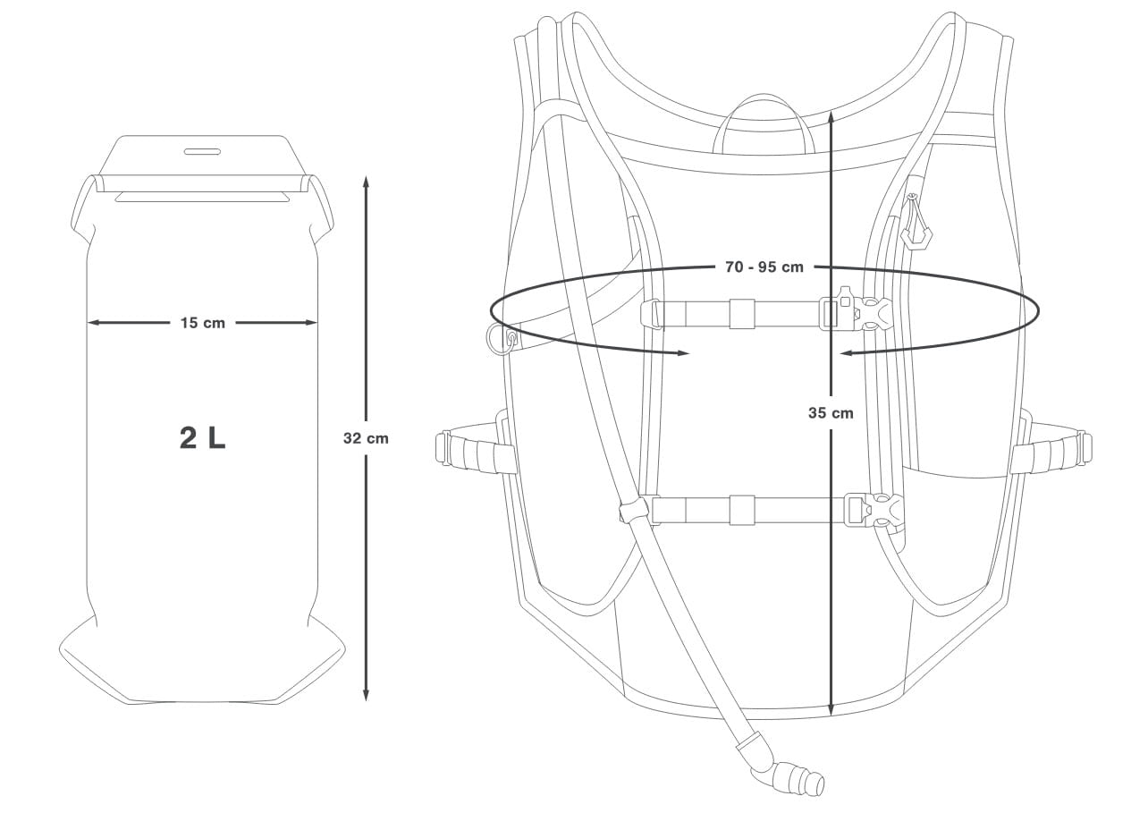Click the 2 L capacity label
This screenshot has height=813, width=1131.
click(202, 438)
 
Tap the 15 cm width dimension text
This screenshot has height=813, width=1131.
click(202, 323)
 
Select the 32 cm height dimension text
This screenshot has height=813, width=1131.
click(366, 438)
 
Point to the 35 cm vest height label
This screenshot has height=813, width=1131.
click(831, 412)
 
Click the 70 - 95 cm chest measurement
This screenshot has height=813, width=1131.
click(764, 267)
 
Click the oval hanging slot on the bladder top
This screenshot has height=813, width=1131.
click(202, 151)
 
